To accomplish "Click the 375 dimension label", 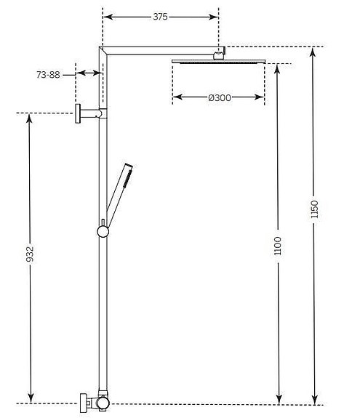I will (x=161, y=17).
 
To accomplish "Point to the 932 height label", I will (x=30, y=255).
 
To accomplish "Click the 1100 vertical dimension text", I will (x=279, y=245).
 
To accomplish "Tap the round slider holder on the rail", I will (x=103, y=231).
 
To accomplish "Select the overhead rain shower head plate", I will (x=218, y=62).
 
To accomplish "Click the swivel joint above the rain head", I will (x=219, y=53).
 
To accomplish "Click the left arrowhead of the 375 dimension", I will (x=105, y=17).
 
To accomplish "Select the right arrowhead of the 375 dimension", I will (x=216, y=17).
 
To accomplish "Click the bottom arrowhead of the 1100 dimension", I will (x=279, y=399).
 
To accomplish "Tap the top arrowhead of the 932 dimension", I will (x=30, y=117).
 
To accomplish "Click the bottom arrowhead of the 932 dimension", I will (x=30, y=399).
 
